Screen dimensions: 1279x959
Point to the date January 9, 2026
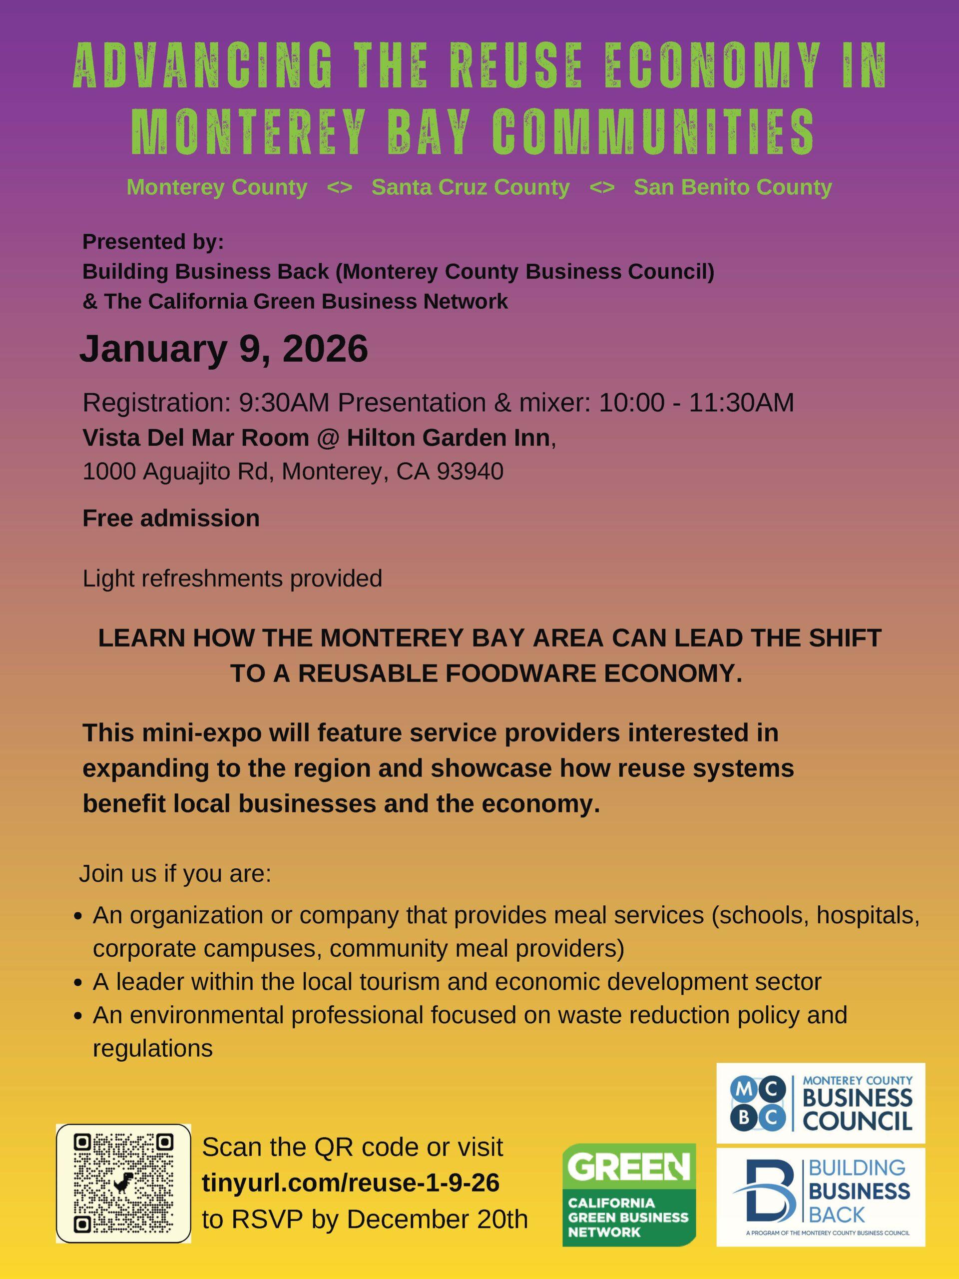tap(224, 349)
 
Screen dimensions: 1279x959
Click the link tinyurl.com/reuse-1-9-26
tap(351, 1183)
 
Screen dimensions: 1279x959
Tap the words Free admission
tap(171, 518)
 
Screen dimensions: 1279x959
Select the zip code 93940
tap(470, 471)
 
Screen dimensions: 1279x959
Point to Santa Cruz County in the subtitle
tap(471, 187)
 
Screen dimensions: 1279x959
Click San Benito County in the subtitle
tap(732, 187)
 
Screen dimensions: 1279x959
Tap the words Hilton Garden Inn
tap(448, 438)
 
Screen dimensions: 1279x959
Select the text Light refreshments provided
tap(232, 578)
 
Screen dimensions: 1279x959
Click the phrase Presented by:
tap(153, 242)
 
